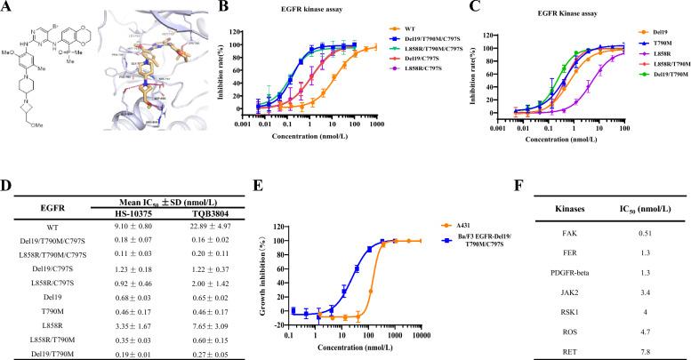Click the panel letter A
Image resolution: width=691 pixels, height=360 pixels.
tap(6, 6)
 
